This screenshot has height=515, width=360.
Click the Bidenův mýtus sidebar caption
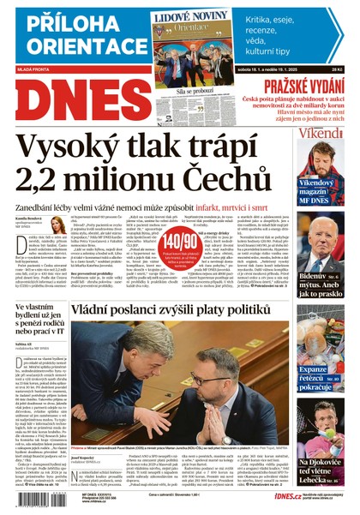point(330,281)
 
